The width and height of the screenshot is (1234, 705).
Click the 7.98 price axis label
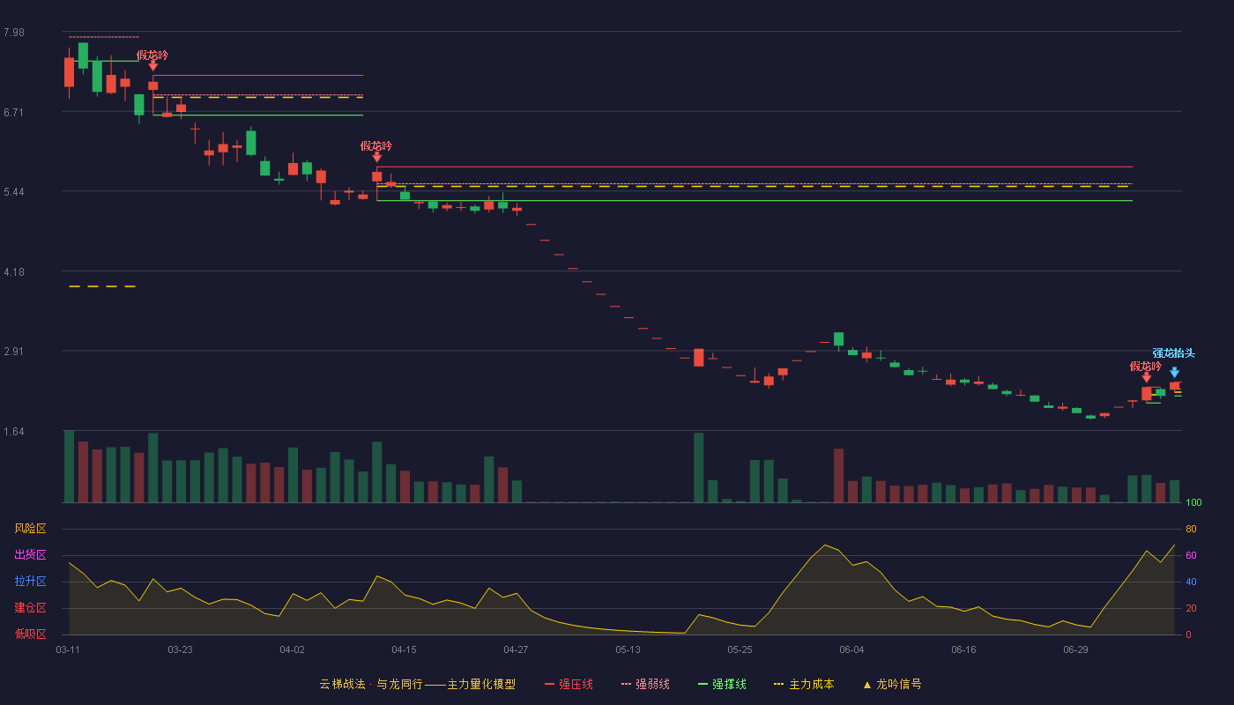click(x=14, y=33)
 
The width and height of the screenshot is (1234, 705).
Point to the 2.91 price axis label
click(x=14, y=352)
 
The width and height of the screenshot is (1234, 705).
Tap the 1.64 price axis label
click(x=14, y=432)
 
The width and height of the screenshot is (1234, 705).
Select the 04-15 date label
click(x=404, y=650)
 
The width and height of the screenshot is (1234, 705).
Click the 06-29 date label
click(x=1075, y=650)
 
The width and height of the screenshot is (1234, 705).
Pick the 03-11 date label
click(x=68, y=650)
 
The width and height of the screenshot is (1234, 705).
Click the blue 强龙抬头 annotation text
click(x=1173, y=353)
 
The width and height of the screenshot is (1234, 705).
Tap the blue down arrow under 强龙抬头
click(x=1174, y=372)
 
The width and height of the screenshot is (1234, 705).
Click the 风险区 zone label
click(x=30, y=529)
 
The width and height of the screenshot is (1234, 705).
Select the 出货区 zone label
click(x=30, y=554)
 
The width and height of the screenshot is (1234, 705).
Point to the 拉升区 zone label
click(x=30, y=581)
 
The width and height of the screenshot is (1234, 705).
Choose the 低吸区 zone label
click(x=30, y=634)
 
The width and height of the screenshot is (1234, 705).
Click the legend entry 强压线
click(x=569, y=684)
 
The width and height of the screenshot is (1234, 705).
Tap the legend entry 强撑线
click(x=722, y=684)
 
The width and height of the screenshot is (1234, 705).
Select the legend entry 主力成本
click(x=804, y=684)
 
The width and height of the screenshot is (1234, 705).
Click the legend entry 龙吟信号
click(x=892, y=684)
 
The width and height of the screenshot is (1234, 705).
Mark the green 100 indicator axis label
click(x=1193, y=502)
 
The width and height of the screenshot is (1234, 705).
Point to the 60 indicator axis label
click(x=1191, y=555)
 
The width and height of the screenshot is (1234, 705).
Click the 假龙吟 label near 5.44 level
click(x=376, y=146)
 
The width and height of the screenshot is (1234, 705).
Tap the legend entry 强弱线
click(x=645, y=684)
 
